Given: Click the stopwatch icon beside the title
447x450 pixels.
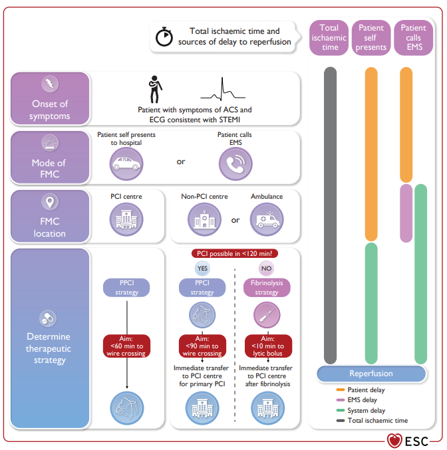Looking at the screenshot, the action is [x=164, y=37].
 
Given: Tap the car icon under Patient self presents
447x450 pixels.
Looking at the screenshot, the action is [x=126, y=164].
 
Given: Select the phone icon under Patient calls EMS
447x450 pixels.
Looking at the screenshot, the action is [x=235, y=164].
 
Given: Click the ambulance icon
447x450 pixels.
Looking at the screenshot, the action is [x=267, y=219].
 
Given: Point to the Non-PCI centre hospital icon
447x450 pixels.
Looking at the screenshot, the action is [x=204, y=219].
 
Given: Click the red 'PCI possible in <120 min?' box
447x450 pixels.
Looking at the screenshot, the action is [x=235, y=253].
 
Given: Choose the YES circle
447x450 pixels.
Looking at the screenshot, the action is [x=202, y=269].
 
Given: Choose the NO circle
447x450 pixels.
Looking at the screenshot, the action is [x=266, y=269].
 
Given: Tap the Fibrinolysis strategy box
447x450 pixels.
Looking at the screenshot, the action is [x=267, y=288].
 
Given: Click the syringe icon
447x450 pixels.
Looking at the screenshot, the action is [x=267, y=315].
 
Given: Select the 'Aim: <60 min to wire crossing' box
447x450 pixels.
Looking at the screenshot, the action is [x=126, y=346].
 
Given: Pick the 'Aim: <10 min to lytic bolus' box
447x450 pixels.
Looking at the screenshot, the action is [x=268, y=346].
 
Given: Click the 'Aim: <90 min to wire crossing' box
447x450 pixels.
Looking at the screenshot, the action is [x=202, y=346].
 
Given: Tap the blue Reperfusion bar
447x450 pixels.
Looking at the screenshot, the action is [x=371, y=374].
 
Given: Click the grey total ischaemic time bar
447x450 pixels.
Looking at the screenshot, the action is [x=330, y=215].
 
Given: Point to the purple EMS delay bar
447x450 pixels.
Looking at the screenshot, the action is [x=406, y=213].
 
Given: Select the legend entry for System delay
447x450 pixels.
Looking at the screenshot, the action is [x=361, y=410].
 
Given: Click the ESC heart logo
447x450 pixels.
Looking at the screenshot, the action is [x=394, y=441].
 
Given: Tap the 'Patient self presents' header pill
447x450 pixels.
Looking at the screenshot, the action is [x=371, y=38].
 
